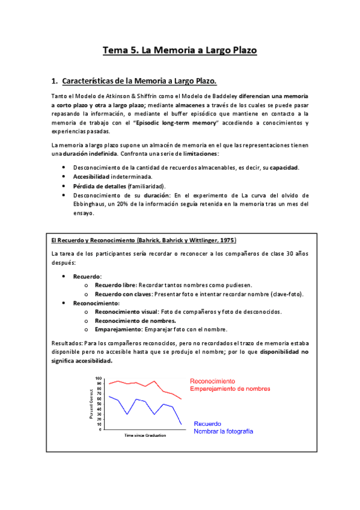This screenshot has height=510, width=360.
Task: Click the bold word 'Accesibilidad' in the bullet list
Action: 91,177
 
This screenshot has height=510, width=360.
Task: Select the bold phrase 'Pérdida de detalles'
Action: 99,186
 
